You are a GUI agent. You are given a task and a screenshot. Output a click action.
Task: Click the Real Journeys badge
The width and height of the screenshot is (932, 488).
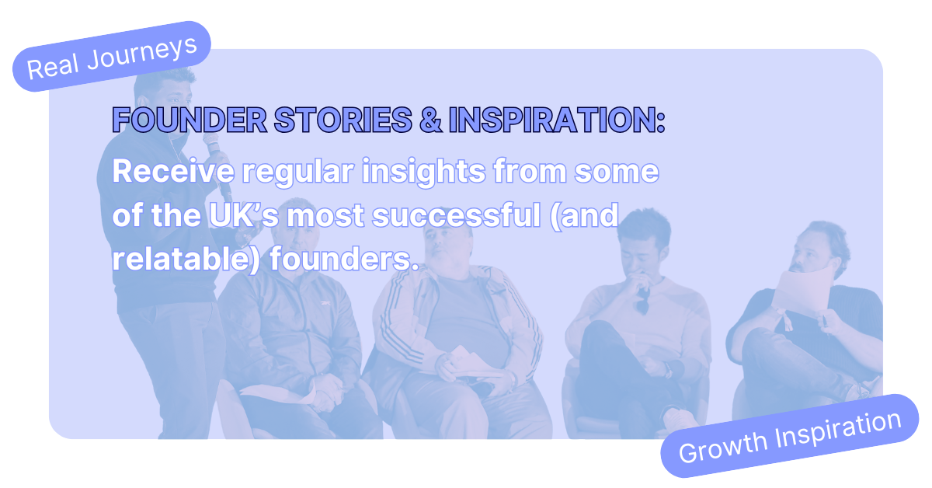[x=112, y=57]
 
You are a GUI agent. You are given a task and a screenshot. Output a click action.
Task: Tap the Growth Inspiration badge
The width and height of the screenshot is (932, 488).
[x=790, y=436]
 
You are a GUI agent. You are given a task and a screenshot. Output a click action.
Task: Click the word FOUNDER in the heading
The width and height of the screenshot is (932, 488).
[x=190, y=120]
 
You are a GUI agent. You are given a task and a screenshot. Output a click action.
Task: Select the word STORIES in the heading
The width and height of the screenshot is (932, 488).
[x=343, y=120]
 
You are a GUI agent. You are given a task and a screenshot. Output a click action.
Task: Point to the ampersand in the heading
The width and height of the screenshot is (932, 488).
[x=430, y=120]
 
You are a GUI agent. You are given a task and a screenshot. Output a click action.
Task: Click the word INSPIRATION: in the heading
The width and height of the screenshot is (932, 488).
[x=557, y=120]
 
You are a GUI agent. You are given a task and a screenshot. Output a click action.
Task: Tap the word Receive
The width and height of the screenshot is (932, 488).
[x=173, y=171]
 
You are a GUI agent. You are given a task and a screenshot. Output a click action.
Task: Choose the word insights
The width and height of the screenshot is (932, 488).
[x=423, y=172]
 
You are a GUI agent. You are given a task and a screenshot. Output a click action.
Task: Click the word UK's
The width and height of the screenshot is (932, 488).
[x=244, y=215]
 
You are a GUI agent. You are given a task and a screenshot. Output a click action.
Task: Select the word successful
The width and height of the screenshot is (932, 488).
[x=456, y=215]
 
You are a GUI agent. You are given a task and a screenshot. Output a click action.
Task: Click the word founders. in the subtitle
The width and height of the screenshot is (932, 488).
[x=343, y=259]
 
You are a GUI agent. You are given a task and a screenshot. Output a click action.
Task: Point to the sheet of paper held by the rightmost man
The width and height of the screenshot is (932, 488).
[x=802, y=291]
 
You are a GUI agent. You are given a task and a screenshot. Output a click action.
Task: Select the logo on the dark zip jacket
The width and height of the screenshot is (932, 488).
[x=329, y=303]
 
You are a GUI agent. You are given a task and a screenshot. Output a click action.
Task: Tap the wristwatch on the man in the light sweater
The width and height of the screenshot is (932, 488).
[x=667, y=370]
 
